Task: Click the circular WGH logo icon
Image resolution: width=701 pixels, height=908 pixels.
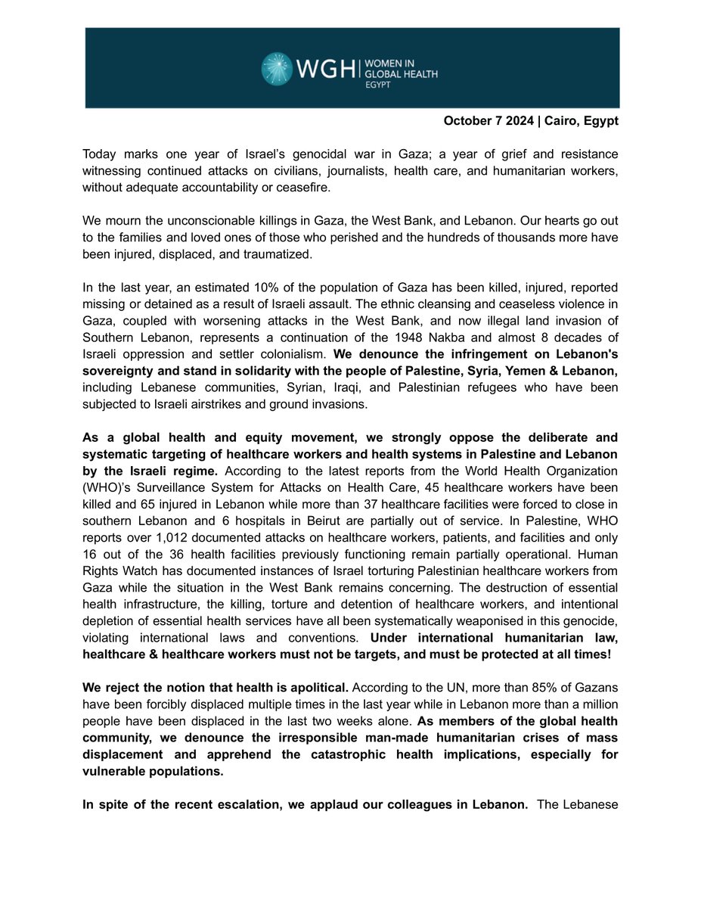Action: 278,68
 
